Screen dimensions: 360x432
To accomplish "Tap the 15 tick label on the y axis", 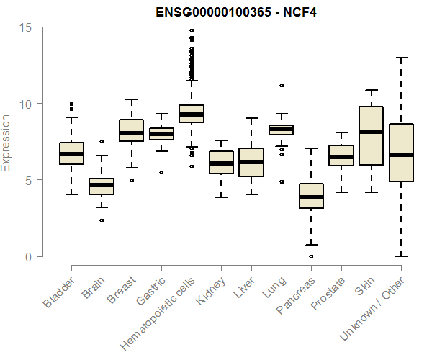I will [x=27, y=27].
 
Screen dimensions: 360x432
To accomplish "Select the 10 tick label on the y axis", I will [x=27, y=104].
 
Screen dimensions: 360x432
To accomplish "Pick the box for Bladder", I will [x=71, y=153].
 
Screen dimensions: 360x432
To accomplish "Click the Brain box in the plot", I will [x=102, y=186].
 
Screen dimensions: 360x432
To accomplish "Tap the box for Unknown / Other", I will [x=401, y=153].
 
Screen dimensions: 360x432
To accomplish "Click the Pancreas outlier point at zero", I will [x=311, y=256].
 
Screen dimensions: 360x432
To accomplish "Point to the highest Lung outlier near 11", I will [x=282, y=85].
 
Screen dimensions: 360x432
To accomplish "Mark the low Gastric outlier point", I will [x=161, y=173].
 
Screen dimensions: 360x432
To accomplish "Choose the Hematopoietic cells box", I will [x=192, y=114].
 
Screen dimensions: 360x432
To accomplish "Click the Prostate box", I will [x=341, y=156].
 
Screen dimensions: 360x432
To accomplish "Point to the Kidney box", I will [x=222, y=163].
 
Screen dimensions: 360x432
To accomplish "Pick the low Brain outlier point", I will [x=102, y=220].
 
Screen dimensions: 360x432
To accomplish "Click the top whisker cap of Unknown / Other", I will [x=401, y=58].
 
